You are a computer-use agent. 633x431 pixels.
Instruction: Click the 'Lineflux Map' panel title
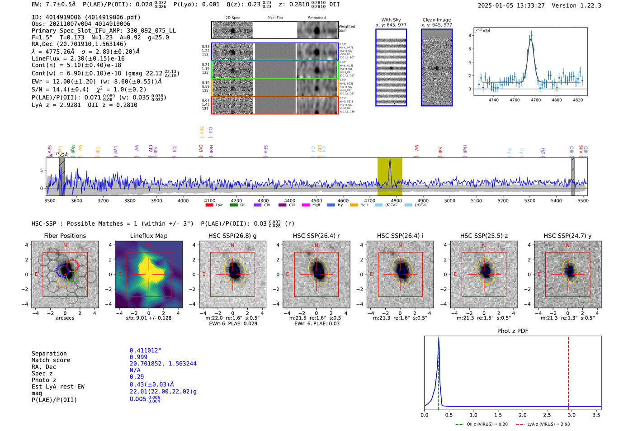point(148,236)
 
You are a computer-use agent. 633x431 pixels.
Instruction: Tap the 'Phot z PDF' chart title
point(512,331)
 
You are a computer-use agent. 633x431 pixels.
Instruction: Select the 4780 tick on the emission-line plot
point(536,100)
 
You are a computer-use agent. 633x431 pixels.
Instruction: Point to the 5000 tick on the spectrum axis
point(449,200)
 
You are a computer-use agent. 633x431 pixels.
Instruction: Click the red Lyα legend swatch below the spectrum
point(209,205)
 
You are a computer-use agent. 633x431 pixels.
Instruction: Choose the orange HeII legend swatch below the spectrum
point(354,205)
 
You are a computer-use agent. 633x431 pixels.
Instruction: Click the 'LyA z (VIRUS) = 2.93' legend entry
point(548,424)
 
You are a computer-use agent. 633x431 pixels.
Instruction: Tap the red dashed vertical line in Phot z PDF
point(568,371)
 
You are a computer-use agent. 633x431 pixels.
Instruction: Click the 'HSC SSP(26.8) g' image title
point(232,236)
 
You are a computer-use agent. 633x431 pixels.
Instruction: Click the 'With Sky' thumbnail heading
point(391,20)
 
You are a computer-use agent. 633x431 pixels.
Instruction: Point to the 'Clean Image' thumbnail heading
point(436,20)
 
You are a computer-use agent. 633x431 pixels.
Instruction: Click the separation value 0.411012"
point(145,350)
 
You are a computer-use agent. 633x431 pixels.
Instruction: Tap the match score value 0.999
point(138,357)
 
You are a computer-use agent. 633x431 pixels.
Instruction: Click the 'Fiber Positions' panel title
point(65,236)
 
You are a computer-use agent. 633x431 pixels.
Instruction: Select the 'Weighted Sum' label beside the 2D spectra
point(346,28)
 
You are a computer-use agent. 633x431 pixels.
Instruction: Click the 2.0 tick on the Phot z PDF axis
point(522,415)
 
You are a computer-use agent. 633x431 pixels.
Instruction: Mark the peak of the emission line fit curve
point(531,39)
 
